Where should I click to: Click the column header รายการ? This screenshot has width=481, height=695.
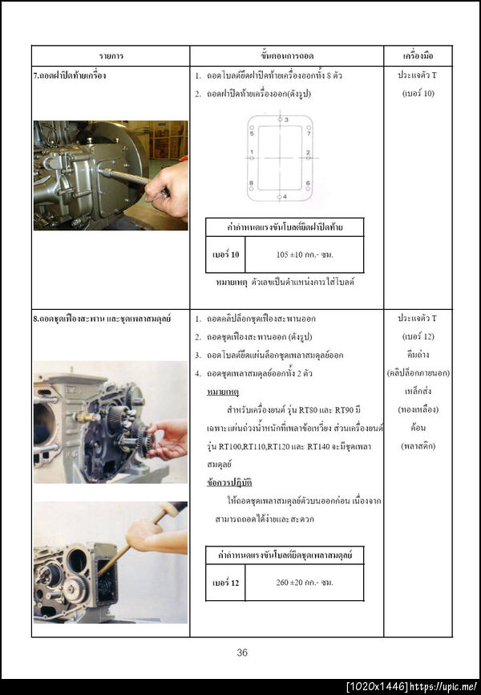[x=111, y=56]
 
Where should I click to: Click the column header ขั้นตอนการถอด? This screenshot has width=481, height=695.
[x=287, y=56]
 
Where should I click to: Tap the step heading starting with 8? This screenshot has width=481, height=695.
[x=104, y=319]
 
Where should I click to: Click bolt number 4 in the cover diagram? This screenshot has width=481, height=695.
[x=281, y=196]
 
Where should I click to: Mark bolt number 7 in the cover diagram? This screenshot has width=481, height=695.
[x=307, y=133]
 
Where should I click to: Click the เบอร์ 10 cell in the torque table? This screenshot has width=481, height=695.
[x=224, y=254]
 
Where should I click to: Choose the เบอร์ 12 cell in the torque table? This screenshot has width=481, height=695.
[x=224, y=582]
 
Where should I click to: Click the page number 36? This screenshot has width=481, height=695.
[x=242, y=652]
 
